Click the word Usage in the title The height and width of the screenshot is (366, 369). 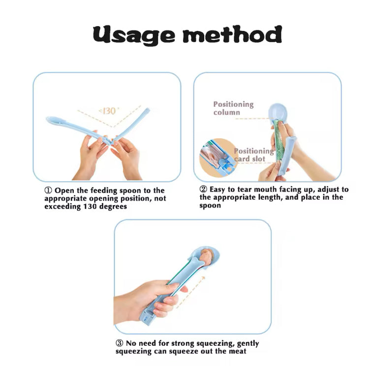click(134, 35)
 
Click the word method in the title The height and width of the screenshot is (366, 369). click(232, 34)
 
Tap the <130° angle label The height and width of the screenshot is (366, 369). click(109, 111)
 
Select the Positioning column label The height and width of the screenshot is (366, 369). click(233, 108)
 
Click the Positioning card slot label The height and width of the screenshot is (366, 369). click(254, 155)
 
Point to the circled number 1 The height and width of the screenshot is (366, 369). click(48, 190)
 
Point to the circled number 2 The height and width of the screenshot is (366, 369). click(203, 189)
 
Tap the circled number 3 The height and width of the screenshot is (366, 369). click(120, 343)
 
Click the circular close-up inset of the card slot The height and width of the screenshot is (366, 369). click(217, 157)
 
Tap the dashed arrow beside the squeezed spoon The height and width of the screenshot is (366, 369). click(191, 292)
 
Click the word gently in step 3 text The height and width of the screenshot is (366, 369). click(248, 344)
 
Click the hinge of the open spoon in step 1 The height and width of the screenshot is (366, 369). click(111, 142)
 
